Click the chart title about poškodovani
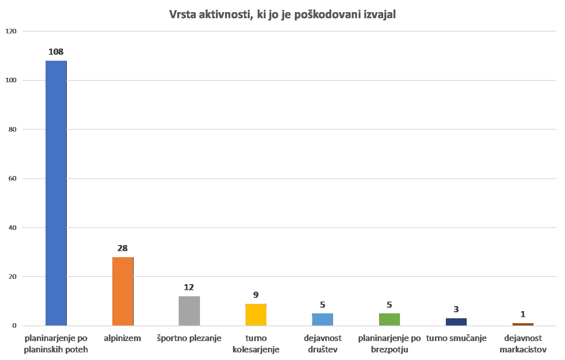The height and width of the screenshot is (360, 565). (x=282, y=15)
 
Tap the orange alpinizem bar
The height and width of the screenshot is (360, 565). (x=123, y=291)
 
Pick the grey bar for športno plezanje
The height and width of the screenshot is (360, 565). (x=189, y=311)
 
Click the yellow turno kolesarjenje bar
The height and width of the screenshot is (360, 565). (x=256, y=314)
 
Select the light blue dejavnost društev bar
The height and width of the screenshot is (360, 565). (x=323, y=319)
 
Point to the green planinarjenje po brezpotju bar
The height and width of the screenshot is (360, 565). (x=389, y=319)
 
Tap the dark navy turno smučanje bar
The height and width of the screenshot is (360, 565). (x=456, y=322)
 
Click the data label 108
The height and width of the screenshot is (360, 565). (x=56, y=52)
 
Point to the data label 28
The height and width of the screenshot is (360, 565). (x=123, y=248)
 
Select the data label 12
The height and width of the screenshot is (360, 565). (x=189, y=288)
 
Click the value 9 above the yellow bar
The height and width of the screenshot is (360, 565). (x=256, y=295)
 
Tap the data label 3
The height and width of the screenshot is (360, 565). (x=456, y=310)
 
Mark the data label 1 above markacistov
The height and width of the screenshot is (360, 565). (x=523, y=314)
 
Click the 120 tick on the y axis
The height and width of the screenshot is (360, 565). (x=11, y=31)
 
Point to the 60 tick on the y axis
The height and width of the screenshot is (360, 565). (x=12, y=178)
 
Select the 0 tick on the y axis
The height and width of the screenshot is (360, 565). (x=14, y=325)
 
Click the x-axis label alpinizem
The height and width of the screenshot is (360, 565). (x=123, y=338)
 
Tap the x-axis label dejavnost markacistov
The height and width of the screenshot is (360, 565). (x=523, y=344)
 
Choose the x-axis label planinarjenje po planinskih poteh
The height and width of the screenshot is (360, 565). (x=56, y=344)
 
